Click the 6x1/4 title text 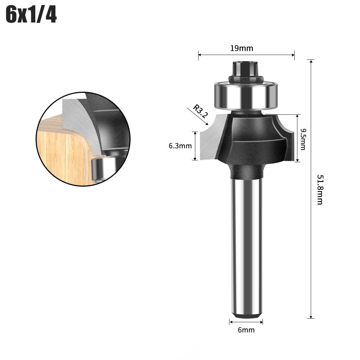[x=32, y=16]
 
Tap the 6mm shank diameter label [x=246, y=329]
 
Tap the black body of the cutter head [x=252, y=137]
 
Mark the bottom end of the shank [x=246, y=316]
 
